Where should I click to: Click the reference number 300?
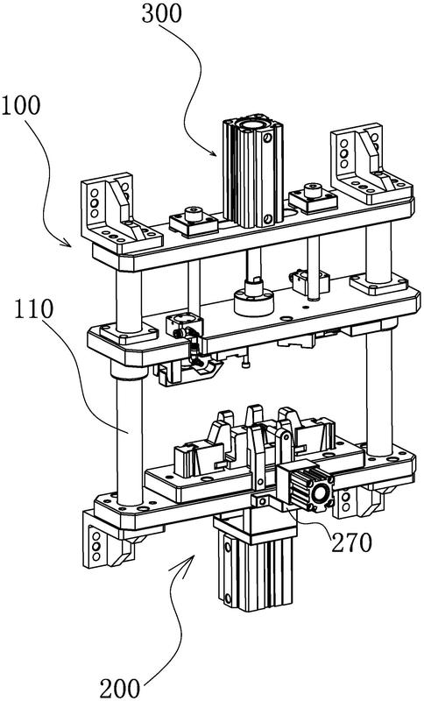click(x=162, y=13)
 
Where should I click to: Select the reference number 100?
click(x=21, y=106)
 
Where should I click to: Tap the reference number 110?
click(x=33, y=309)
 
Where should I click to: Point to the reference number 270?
click(x=351, y=542)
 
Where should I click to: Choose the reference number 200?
click(x=120, y=689)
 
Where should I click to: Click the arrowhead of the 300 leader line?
click(x=213, y=153)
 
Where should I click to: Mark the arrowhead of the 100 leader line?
click(x=67, y=244)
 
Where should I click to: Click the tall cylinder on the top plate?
click(x=253, y=170)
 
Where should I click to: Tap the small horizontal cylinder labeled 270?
click(x=306, y=486)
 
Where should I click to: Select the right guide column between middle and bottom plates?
click(x=380, y=389)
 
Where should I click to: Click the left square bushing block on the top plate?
click(x=194, y=222)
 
